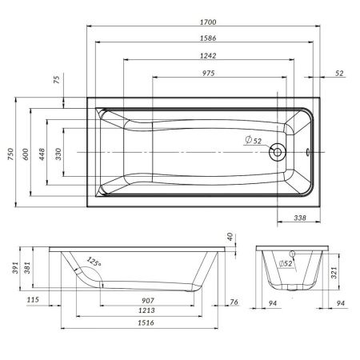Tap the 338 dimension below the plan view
[298, 216]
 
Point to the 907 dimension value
[146, 301]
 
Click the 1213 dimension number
[146, 311]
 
